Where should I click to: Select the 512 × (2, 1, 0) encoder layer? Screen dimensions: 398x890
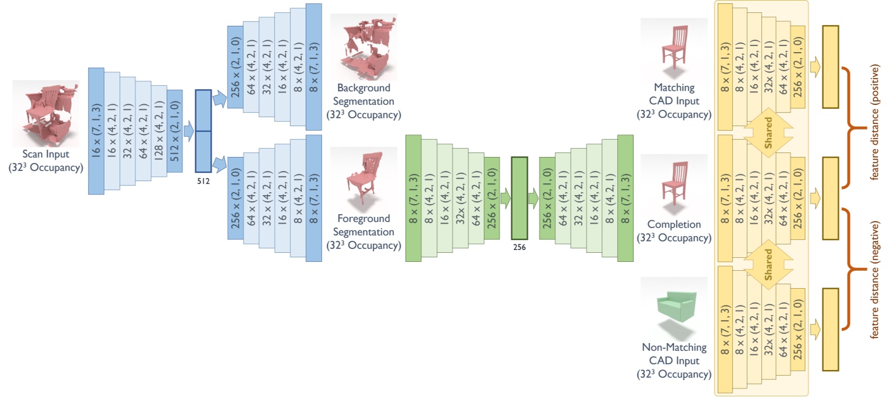click(174, 131)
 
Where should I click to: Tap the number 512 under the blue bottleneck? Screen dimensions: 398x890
click(203, 181)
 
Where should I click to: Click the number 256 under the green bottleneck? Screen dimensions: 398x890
click(519, 247)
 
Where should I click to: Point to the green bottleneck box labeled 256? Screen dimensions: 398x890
click(519, 198)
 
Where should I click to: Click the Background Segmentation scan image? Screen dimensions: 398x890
click(364, 47)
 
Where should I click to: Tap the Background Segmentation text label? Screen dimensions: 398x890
click(364, 95)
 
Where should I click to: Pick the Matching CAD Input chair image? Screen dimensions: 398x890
click(674, 48)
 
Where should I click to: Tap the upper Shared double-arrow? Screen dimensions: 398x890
click(768, 133)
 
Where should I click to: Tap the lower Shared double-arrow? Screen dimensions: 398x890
click(768, 264)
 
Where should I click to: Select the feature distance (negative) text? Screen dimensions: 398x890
click(874, 279)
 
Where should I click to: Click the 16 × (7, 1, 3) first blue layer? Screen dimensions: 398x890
click(96, 131)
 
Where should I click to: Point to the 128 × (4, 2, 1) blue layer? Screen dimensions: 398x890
click(159, 131)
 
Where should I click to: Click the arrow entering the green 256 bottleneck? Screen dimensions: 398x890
click(505, 198)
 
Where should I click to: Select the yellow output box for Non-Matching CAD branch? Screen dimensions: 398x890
click(830, 330)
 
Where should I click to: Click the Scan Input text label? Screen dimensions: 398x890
click(46, 154)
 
